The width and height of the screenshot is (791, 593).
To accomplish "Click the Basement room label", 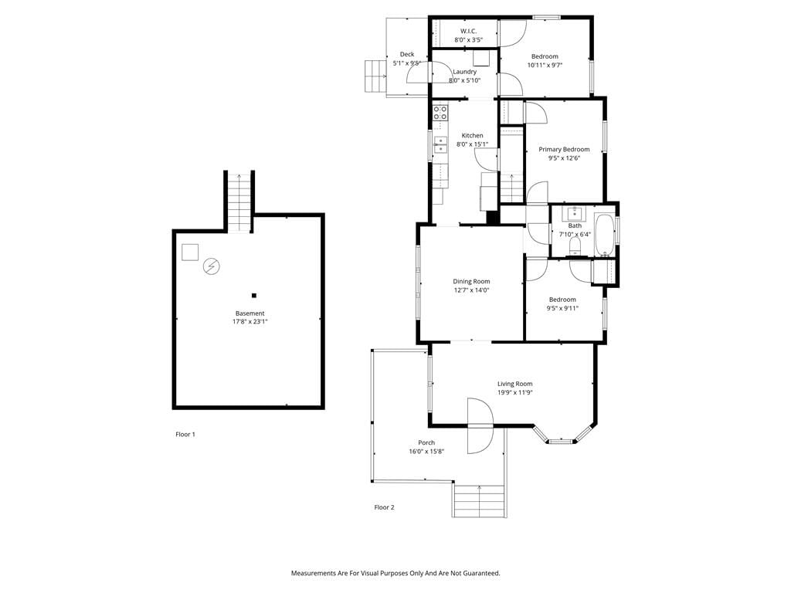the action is pyautogui.click(x=250, y=313).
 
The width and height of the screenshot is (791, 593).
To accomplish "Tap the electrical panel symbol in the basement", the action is pyautogui.click(x=212, y=266).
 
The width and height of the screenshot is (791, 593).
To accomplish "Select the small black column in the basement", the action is pyautogui.click(x=254, y=296).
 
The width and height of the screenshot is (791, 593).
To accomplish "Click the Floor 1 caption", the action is pyautogui.click(x=185, y=434).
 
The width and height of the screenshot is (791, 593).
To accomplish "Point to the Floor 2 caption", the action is pyautogui.click(x=384, y=507).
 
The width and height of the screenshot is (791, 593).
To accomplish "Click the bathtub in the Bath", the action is pyautogui.click(x=603, y=235).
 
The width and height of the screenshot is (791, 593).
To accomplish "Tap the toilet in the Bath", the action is pyautogui.click(x=575, y=246).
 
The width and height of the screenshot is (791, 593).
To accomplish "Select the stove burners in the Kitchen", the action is pyautogui.click(x=440, y=113).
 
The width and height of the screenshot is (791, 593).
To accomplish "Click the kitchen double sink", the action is pyautogui.click(x=440, y=144).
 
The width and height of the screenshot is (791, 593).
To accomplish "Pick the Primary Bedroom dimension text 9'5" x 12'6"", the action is pyautogui.click(x=564, y=158).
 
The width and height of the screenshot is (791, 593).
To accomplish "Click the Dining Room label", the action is pyautogui.click(x=471, y=281).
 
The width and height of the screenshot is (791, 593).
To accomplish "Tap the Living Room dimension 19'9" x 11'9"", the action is pyautogui.click(x=514, y=392).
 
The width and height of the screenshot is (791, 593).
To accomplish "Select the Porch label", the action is pyautogui.click(x=426, y=442).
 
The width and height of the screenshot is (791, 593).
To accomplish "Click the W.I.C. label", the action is pyautogui.click(x=468, y=31).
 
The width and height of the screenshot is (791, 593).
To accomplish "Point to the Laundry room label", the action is pyautogui.click(x=464, y=72).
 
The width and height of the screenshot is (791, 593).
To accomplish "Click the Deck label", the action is pyautogui.click(x=407, y=55).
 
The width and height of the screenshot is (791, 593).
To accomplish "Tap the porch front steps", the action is pyautogui.click(x=479, y=500).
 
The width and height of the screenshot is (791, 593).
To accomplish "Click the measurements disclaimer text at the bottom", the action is pyautogui.click(x=395, y=573).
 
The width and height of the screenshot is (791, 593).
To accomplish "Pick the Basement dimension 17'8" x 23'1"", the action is pyautogui.click(x=250, y=321).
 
